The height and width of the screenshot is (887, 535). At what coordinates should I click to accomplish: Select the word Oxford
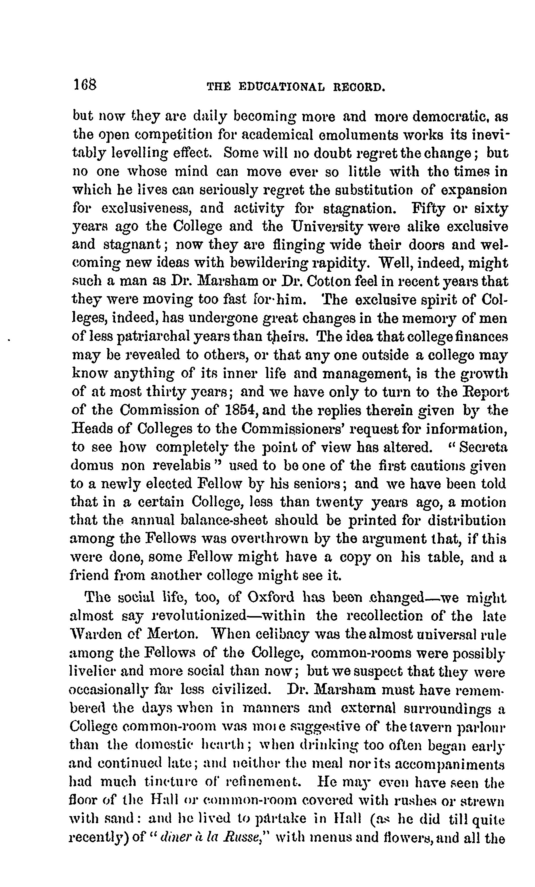[x=271, y=598]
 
